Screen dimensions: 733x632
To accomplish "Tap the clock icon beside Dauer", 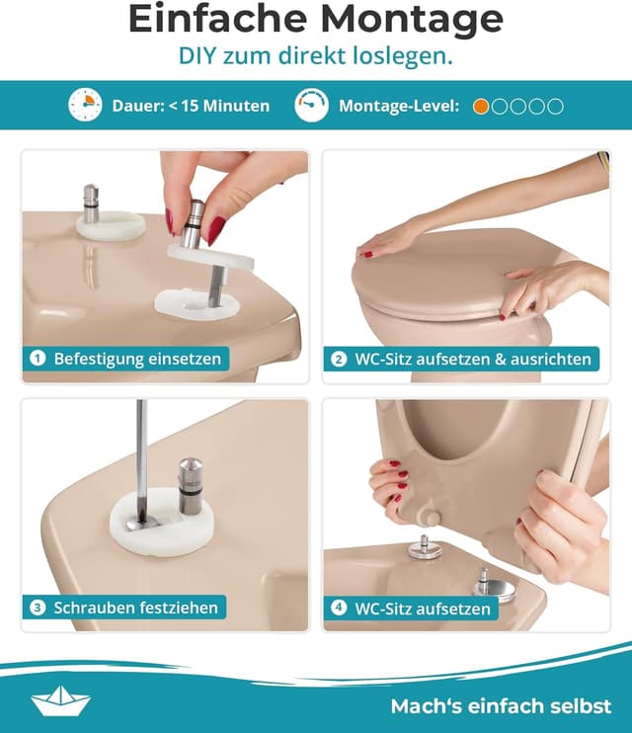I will pyautogui.click(x=85, y=105).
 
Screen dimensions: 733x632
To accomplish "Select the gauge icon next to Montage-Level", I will pyautogui.click(x=311, y=105).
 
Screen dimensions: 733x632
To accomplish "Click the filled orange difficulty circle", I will pyautogui.click(x=481, y=106).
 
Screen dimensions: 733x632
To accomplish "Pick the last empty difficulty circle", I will pyautogui.click(x=556, y=106).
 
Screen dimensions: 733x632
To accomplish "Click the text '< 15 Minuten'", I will pyautogui.click(x=218, y=106).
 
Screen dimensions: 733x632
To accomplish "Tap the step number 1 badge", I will pyautogui.click(x=38, y=359).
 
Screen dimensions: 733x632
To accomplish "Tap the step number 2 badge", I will pyautogui.click(x=339, y=359).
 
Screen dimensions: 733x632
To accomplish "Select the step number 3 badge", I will pyautogui.click(x=38, y=607).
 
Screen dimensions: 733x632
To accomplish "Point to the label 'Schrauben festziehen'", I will pyautogui.click(x=136, y=607).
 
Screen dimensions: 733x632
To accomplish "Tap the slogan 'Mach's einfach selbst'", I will pyautogui.click(x=501, y=706).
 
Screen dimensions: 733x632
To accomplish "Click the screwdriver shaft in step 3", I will pyautogui.click(x=142, y=445).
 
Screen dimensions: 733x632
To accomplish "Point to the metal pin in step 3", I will pyautogui.click(x=191, y=485).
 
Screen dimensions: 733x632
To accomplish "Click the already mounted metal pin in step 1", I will pyautogui.click(x=92, y=204).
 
